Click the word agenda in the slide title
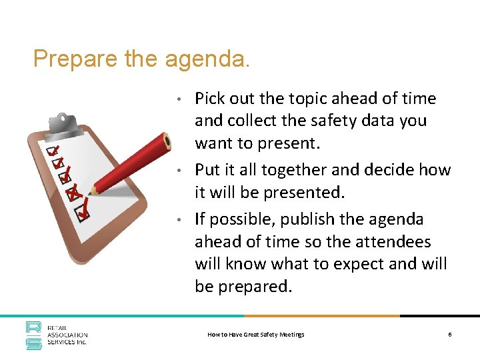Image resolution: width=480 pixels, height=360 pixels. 207,60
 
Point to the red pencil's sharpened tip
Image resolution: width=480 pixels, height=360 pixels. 91,193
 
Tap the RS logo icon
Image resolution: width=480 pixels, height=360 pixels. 34,335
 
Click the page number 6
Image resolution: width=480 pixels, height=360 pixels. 450,334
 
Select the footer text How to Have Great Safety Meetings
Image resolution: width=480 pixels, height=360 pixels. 256,334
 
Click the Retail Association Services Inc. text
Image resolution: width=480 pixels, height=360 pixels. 67,335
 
